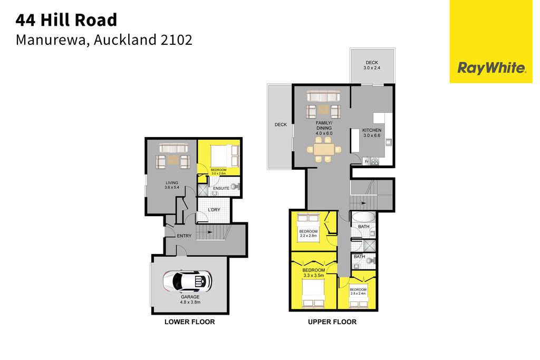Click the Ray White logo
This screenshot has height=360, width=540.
491,68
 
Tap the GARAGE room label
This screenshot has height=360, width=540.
190,297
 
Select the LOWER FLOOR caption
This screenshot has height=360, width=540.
189,322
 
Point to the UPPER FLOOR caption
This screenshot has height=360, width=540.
332,322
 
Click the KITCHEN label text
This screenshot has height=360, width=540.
372,130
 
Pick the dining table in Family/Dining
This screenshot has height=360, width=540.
324,149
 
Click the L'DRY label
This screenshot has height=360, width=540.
214,210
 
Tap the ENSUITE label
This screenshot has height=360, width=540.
221,188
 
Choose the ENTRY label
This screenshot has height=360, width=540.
184,236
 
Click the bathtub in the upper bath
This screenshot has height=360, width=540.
363,217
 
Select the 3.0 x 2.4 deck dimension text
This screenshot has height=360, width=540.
372,68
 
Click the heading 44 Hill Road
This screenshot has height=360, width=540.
66,20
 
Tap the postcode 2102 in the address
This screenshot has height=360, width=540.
176,40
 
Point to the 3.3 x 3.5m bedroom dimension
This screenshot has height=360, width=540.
313,275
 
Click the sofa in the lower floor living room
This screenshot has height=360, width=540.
173,148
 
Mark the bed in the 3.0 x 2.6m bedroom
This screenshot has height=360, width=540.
225,155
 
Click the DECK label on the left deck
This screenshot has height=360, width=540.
281,124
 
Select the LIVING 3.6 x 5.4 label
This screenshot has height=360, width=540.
172,185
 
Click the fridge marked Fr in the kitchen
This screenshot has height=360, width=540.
367,161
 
